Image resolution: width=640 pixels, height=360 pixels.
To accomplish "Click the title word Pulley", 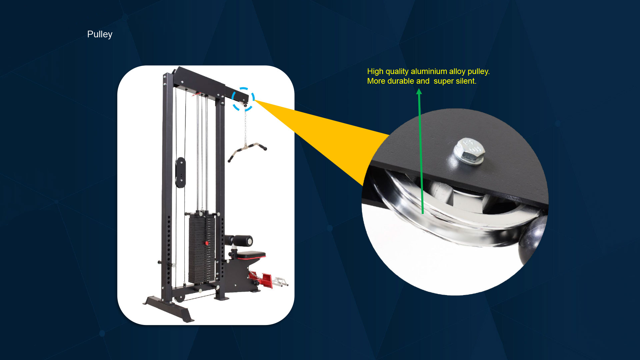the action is tap(100, 34).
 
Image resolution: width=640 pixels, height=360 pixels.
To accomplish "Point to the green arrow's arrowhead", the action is tap(419, 91).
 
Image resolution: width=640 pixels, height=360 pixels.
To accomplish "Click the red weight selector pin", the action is tap(207, 243).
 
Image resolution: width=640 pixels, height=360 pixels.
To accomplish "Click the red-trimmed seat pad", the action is tap(251, 255).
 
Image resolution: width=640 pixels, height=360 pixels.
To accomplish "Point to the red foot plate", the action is tap(261, 279).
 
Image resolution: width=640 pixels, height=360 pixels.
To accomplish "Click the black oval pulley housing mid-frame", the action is tap(180, 172).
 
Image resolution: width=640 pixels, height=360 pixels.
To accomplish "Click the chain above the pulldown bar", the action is tap(246, 127).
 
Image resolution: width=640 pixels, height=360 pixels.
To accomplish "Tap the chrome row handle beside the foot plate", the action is tap(280, 282).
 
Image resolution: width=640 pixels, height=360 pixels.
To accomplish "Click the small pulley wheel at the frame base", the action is tap(180, 297).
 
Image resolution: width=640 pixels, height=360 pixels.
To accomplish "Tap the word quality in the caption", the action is tap(397, 71).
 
